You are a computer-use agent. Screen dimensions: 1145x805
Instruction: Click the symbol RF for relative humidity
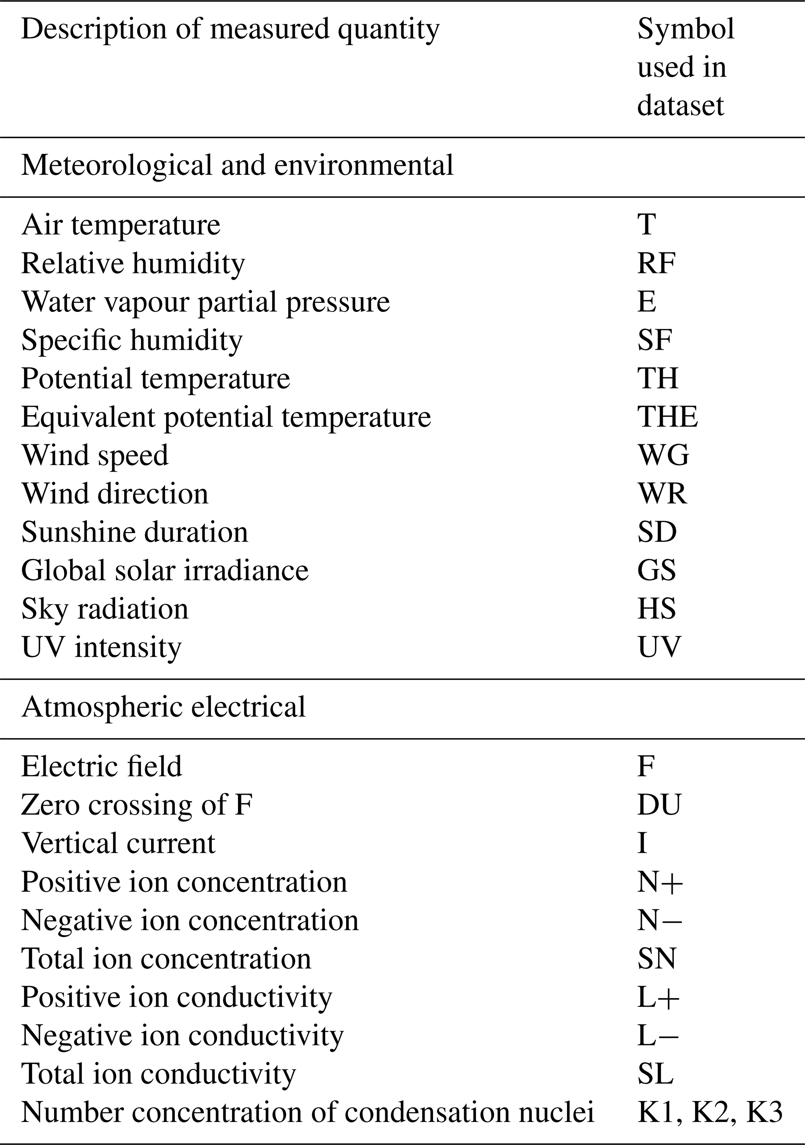[x=656, y=263]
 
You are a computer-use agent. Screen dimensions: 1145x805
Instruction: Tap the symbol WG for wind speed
[x=663, y=455]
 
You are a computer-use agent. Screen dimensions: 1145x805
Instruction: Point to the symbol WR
[x=662, y=494]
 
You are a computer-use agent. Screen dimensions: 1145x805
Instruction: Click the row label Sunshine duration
[x=135, y=532]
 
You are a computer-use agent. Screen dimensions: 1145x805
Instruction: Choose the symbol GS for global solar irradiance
[x=656, y=571]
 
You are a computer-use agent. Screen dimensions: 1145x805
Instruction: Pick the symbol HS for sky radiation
[x=656, y=609]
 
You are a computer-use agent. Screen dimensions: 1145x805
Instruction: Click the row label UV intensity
[x=101, y=647]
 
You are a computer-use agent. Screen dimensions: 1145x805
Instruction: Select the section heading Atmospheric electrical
[x=164, y=707]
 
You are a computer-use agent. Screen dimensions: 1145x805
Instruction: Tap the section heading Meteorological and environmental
[x=238, y=165]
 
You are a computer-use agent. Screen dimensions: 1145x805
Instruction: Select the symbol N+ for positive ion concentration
[x=659, y=882]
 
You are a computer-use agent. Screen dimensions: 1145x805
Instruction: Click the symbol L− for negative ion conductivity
[x=658, y=1035]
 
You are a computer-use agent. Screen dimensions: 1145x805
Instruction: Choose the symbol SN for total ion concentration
[x=656, y=958]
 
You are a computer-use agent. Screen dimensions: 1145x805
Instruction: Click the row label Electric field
[x=102, y=766]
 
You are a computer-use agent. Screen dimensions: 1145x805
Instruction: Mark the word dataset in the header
[x=680, y=106]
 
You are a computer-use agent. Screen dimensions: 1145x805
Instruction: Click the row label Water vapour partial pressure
[x=206, y=302]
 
